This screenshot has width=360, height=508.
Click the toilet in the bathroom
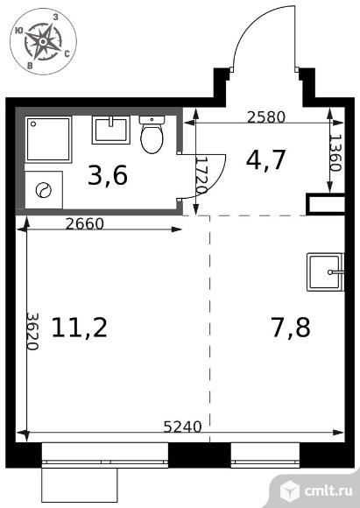click(x=152, y=135)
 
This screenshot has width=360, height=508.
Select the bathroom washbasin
click(x=111, y=130)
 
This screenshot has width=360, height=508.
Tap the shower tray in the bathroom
click(x=48, y=139)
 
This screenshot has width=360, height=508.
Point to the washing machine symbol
click(x=44, y=190)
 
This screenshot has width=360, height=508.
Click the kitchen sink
click(x=325, y=272)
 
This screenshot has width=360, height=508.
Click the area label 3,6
click(x=108, y=175)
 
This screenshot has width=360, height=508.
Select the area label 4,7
click(x=266, y=159)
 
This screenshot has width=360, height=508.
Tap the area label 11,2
click(x=80, y=328)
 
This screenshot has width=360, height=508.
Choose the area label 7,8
click(x=291, y=328)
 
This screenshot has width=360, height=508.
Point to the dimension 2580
click(x=266, y=117)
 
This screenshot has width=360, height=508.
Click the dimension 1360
click(x=335, y=152)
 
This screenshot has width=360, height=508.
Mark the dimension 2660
click(x=85, y=223)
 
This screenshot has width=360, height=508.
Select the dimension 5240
click(x=182, y=427)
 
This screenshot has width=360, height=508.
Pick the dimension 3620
click(x=32, y=331)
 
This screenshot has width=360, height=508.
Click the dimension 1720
click(x=202, y=175)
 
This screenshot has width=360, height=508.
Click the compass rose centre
click(x=43, y=41)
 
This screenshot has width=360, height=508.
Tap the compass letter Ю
click(x=18, y=31)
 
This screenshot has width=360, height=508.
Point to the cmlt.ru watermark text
click(x=328, y=491)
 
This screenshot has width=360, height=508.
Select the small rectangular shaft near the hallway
click(x=325, y=204)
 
